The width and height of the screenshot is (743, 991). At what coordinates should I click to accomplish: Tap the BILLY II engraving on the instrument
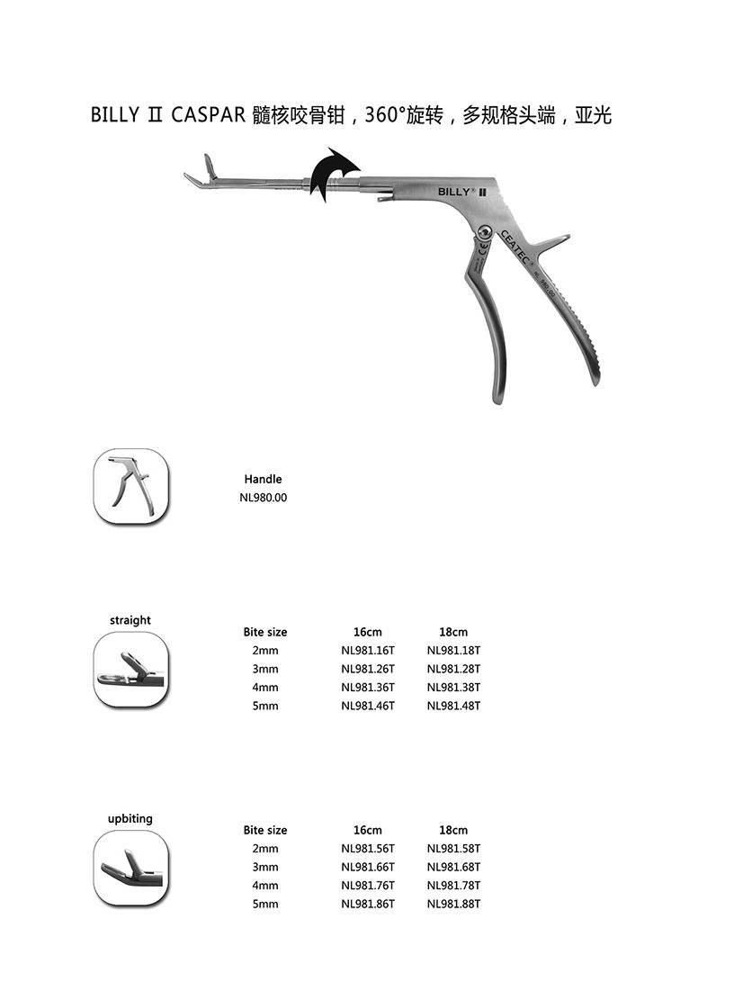pos(462,192)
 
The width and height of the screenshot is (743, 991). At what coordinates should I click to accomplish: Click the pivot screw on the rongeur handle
pos(485,232)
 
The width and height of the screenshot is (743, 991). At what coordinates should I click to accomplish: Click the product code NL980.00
pos(263,498)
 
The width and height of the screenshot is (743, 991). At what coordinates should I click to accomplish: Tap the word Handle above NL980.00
pos(263,480)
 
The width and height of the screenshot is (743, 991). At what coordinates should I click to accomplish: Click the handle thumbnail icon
pos(130,486)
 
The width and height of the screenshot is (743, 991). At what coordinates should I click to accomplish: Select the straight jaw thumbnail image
pos(130,669)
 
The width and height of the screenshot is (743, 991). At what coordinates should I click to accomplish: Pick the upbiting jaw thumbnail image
pos(130,867)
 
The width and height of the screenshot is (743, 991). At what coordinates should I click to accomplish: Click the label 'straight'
pos(130,620)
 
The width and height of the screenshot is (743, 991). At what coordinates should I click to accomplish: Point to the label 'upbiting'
pos(130,818)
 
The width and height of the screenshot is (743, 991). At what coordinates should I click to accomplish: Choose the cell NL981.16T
pos(368,650)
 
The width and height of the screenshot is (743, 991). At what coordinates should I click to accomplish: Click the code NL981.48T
pos(453,706)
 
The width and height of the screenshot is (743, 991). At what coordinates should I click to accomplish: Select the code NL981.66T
pos(368,867)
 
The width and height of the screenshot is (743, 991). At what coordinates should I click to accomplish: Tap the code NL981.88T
pos(453,904)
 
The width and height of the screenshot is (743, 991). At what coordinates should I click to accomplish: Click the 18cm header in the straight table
pos(453,632)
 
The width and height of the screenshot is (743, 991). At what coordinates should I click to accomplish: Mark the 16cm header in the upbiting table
pos(368,830)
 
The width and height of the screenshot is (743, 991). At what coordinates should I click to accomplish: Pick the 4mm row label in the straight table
pos(265,687)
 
